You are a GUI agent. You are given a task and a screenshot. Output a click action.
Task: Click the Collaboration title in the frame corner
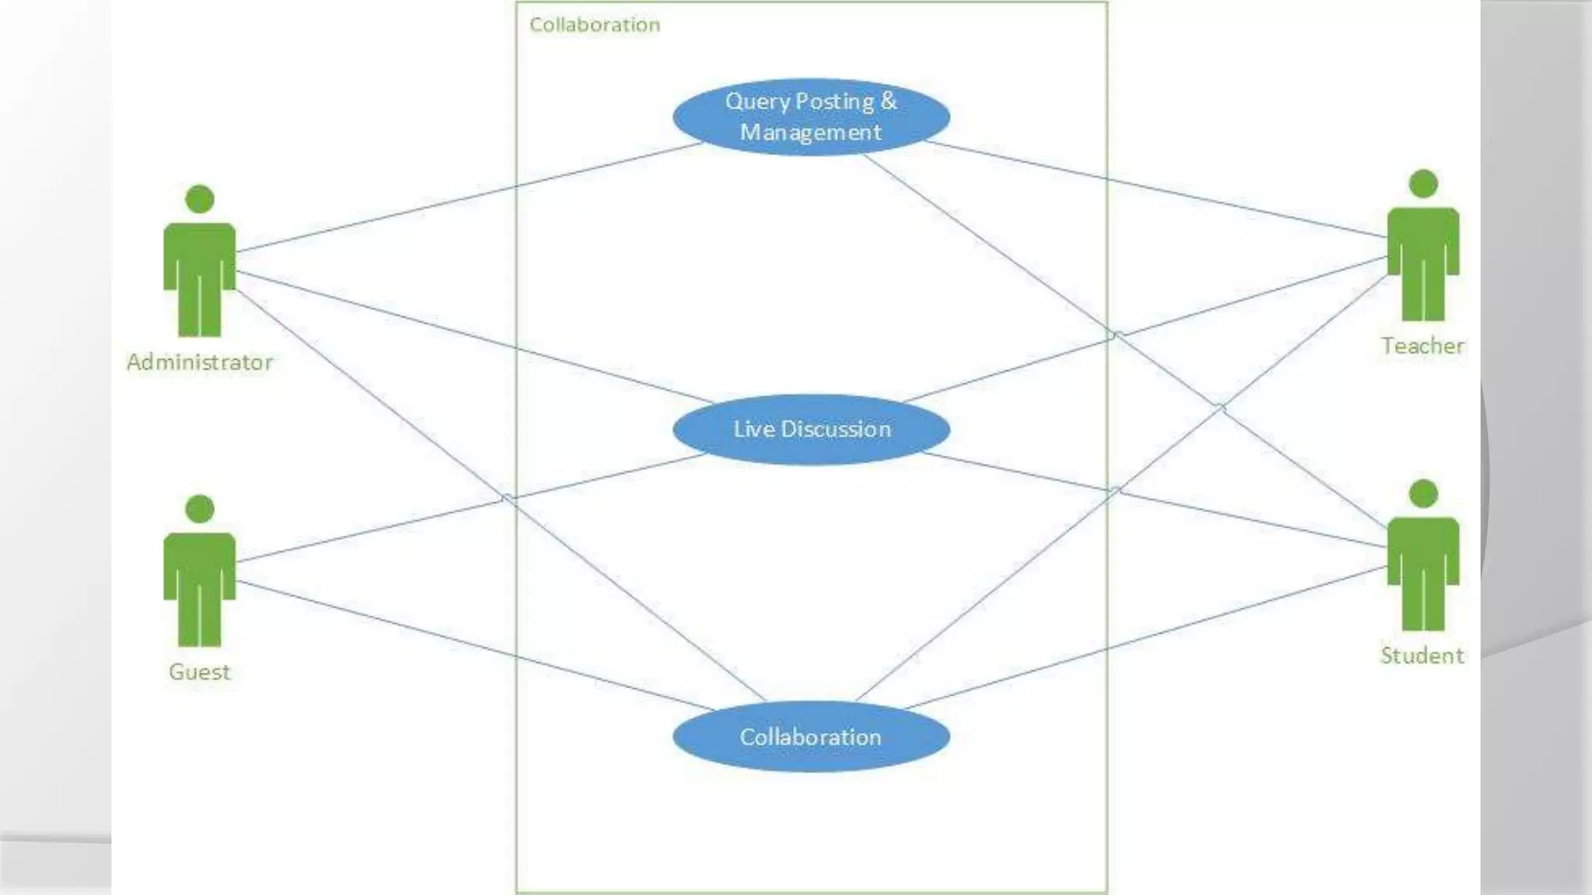(595, 25)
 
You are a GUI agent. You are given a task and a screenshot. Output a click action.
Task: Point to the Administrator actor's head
(200, 199)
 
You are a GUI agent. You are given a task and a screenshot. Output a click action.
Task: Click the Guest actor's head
(200, 509)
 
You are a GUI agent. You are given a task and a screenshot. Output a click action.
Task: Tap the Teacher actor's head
(1423, 183)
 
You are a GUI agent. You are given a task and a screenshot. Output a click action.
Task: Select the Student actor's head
(1423, 493)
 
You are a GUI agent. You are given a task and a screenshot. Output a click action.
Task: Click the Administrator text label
(200, 362)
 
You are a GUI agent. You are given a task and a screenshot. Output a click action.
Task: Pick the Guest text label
(200, 672)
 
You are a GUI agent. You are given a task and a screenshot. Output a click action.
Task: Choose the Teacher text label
(1423, 346)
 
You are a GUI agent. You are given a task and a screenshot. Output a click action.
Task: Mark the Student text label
(1422, 656)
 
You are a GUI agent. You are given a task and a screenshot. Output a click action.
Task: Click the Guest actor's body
(200, 583)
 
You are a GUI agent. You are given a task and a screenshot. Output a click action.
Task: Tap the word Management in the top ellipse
(811, 132)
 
